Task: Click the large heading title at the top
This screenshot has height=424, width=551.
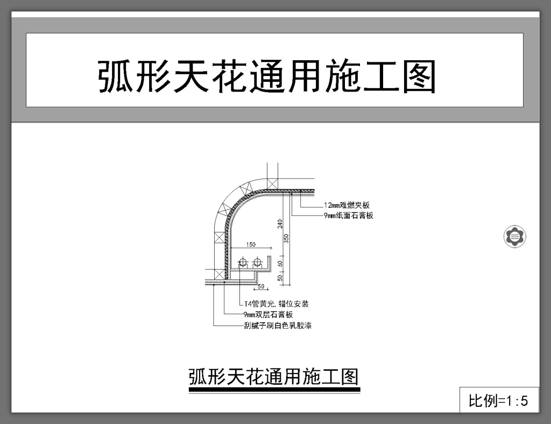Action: coord(266,76)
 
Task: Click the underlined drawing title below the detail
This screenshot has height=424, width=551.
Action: coord(273,377)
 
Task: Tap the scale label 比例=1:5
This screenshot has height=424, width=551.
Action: coord(498,400)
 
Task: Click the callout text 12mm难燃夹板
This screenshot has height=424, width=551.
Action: coord(347,206)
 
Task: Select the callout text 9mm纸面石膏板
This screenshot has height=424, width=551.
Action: coord(349,216)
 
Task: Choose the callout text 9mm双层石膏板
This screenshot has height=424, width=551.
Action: coord(268,315)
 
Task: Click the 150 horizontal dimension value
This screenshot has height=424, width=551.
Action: coord(251,245)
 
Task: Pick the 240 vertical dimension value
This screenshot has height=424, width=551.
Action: coord(280,223)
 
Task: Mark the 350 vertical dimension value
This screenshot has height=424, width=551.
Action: coord(287,238)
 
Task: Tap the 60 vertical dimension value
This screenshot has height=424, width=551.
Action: coord(280,264)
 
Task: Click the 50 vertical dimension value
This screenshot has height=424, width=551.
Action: coord(280,278)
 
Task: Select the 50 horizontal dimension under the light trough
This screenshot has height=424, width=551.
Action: coord(262,286)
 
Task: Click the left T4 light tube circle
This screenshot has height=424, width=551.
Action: coord(243,263)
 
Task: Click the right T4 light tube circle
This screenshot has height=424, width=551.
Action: coord(258,263)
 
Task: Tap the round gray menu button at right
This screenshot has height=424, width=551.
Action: coord(515,236)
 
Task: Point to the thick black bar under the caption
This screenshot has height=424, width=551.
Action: coord(274,390)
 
